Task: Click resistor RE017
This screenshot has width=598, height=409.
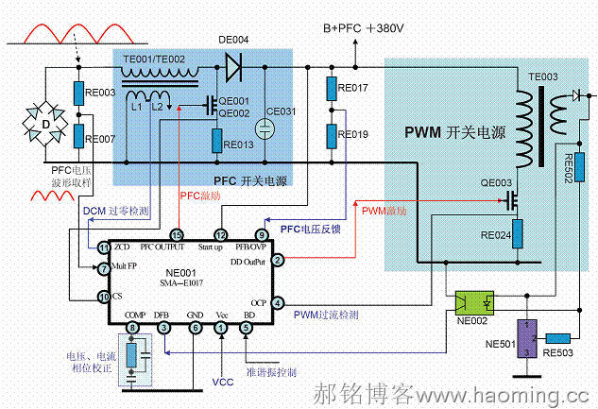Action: coord(332,90)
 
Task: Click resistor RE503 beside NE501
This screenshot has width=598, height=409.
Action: coord(558,337)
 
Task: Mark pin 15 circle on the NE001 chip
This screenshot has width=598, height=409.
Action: coord(177,234)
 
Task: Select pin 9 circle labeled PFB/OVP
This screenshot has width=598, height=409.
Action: coord(262,234)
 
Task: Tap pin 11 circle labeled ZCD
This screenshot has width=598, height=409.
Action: coord(105,247)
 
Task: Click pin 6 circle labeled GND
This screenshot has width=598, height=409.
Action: coord(194,328)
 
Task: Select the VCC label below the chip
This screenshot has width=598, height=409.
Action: coord(221,382)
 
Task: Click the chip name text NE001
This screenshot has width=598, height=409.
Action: coord(180,271)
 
